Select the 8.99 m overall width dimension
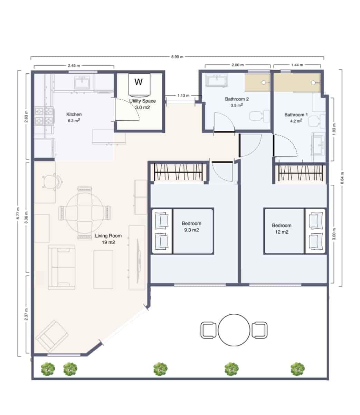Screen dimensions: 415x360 177,57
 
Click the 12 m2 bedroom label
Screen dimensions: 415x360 282,229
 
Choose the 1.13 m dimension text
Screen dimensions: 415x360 183,95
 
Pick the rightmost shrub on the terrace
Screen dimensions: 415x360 297,369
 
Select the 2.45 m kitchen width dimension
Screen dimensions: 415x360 74,65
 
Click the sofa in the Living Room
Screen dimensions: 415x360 61,267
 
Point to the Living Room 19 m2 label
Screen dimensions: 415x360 108,239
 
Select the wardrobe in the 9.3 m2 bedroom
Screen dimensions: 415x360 178,172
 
